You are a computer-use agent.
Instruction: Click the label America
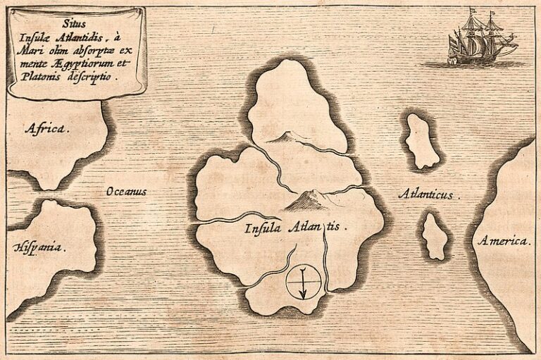[503, 241]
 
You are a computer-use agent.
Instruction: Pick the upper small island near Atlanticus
[421, 140]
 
